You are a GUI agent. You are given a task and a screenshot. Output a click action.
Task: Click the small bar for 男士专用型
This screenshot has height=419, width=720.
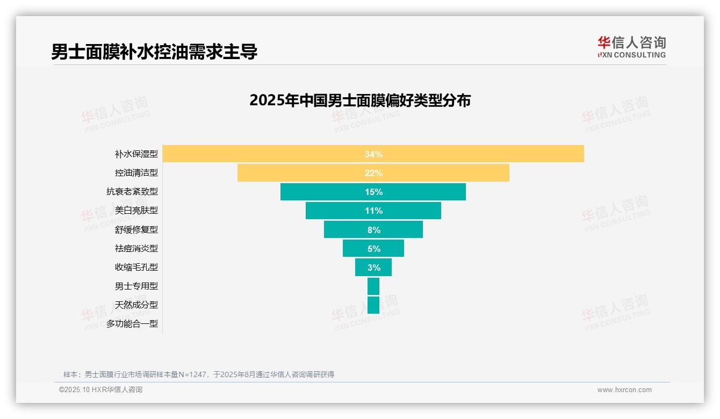point(373,286)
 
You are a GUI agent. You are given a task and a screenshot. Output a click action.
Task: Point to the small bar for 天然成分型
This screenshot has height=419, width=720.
point(373,305)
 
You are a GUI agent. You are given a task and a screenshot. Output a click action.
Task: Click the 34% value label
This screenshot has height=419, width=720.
point(373,154)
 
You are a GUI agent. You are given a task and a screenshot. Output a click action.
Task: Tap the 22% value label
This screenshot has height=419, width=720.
point(373,173)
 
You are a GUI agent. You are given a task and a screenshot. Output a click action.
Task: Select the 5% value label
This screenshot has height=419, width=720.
point(373,249)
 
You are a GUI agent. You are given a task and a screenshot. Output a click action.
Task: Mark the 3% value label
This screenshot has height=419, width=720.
point(373,268)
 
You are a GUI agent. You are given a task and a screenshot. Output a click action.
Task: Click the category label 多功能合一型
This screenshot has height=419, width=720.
point(132,324)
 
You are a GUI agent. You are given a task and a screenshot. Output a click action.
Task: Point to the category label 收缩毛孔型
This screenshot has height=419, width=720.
point(136,268)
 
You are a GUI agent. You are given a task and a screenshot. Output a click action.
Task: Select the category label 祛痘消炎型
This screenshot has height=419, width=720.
point(136,249)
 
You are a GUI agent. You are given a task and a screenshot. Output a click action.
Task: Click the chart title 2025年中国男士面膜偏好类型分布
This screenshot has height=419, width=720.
point(360,100)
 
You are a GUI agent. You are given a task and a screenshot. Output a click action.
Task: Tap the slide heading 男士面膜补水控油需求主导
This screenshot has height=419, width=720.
point(154,52)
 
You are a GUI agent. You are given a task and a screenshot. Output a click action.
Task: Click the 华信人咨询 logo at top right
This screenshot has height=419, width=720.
point(631,47)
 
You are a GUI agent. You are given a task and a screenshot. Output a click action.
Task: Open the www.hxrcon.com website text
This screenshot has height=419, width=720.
point(624,390)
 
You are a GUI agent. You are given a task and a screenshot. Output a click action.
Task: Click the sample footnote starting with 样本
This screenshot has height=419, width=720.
point(199,374)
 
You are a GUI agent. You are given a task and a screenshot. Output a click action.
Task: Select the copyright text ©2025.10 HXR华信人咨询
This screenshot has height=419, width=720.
point(100,390)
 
